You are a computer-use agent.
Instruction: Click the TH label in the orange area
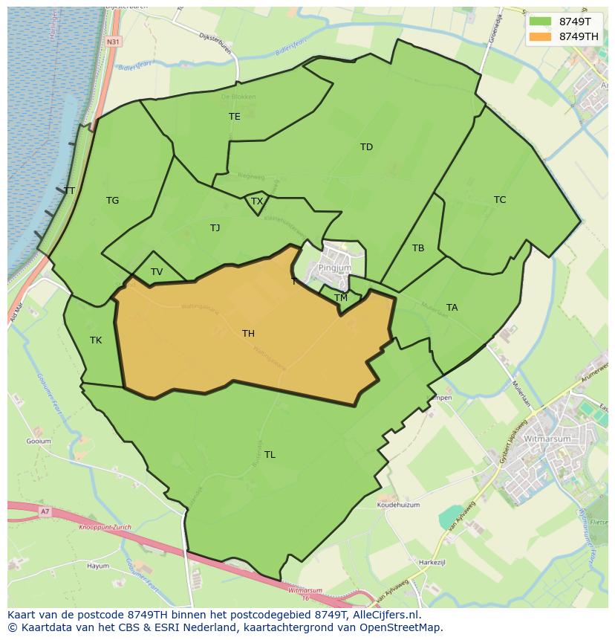[x=248, y=334]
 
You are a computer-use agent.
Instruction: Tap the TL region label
[x=270, y=454]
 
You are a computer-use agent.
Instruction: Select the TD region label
[x=366, y=147]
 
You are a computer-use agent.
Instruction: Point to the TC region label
[x=500, y=200]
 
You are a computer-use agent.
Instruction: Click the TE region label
[x=235, y=117]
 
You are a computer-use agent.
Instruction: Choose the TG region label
[x=112, y=201]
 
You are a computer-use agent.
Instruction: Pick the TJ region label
[x=215, y=228]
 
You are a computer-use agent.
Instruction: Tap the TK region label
[x=96, y=340]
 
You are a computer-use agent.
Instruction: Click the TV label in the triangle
[x=157, y=272]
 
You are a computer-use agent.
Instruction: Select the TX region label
[x=257, y=201]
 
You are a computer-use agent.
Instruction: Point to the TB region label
[x=418, y=248]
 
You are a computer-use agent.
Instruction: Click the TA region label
[x=452, y=308]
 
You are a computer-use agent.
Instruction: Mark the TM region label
[x=341, y=298]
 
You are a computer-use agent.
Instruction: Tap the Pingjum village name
[x=335, y=268]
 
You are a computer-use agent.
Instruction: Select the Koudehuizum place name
[x=398, y=505]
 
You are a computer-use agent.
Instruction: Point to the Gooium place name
[x=39, y=441]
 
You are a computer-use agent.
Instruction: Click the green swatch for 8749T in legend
[x=541, y=22]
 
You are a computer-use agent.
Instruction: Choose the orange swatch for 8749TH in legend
[x=541, y=36]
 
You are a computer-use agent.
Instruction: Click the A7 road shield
[x=45, y=511]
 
